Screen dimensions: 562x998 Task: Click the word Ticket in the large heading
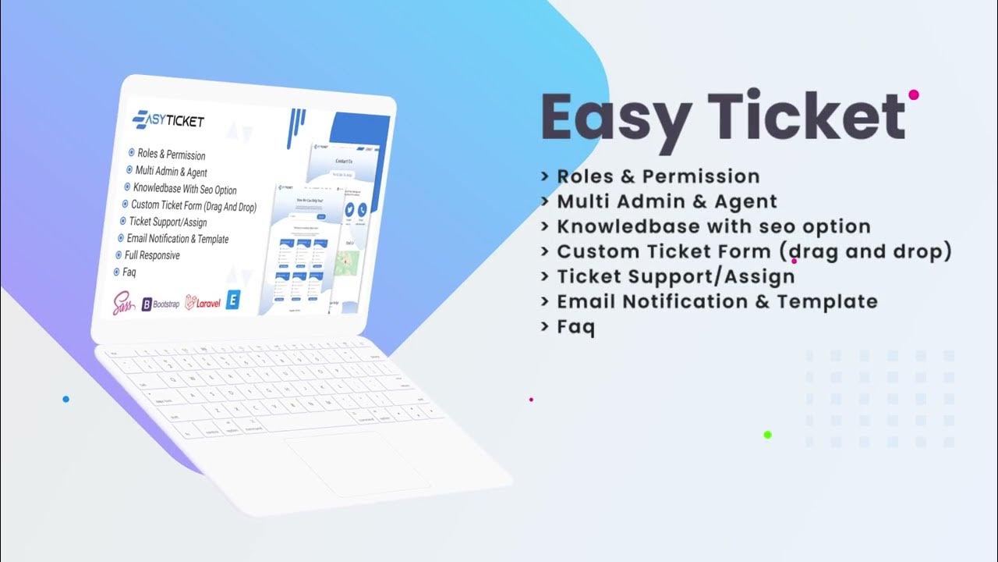[x=806, y=117]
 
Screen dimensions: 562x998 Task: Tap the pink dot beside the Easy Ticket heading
[x=914, y=94]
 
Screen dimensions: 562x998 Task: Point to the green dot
[x=767, y=435]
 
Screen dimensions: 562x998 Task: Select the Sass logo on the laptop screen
[x=124, y=303]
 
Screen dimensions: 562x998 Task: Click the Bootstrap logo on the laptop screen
[x=161, y=303]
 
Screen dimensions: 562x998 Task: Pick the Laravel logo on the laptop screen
[x=203, y=303]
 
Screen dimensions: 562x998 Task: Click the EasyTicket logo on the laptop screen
[x=168, y=119]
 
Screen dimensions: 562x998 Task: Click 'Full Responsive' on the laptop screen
[x=152, y=255]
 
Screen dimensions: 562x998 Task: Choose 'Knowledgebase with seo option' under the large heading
[x=713, y=226]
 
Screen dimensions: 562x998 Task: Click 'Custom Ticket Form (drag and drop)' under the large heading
[x=754, y=251]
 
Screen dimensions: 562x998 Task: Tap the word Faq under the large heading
[x=575, y=326]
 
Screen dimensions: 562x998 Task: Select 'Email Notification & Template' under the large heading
[x=717, y=301]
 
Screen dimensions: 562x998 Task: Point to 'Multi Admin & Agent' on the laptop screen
[x=171, y=172]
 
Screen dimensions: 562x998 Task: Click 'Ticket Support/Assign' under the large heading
[x=675, y=276]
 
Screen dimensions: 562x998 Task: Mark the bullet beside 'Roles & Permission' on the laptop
[x=130, y=153]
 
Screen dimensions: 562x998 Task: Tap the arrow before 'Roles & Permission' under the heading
[x=545, y=177]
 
